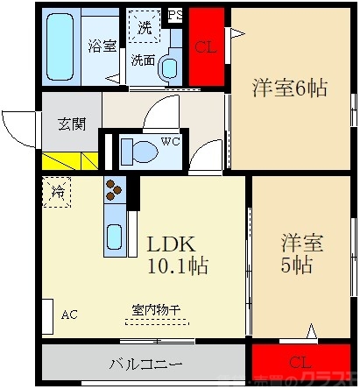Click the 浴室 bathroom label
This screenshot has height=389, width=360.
tap(102, 46)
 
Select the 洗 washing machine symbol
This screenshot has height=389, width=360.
tap(144, 27)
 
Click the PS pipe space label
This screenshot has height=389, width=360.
tap(175, 14)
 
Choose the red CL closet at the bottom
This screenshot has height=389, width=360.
tap(299, 362)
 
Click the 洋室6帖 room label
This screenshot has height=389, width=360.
tap(290, 88)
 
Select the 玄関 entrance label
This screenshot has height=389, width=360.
tap(71, 124)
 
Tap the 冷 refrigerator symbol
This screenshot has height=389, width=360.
tap(58, 189)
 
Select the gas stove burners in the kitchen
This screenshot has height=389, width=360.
tap(114, 189)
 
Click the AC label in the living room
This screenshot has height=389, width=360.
tap(68, 310)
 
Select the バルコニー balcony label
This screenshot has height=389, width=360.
tap(145, 362)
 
